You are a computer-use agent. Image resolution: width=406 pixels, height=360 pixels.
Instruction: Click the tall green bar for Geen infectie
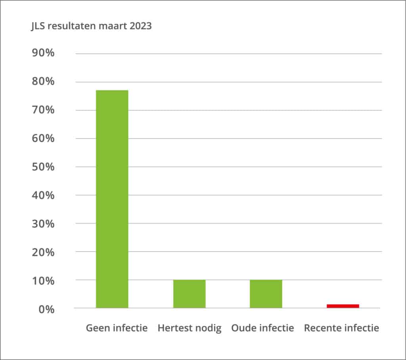pos(112,199)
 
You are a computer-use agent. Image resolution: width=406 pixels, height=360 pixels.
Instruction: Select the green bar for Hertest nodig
pos(189,294)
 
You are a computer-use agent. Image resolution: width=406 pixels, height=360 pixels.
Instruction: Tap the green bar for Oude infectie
pos(266,294)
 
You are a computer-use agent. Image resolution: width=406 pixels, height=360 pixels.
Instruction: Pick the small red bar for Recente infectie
pos(343,306)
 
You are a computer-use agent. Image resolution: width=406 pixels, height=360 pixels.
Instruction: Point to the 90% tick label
pos(43,53)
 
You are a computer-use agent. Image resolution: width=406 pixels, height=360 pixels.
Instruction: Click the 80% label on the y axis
pos(43,81)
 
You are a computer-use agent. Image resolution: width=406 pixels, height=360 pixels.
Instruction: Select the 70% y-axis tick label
pos(43,110)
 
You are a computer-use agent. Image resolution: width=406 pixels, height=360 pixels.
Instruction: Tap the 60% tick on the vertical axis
pos(43,138)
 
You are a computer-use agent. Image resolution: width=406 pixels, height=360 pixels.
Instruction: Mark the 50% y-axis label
pos(43,167)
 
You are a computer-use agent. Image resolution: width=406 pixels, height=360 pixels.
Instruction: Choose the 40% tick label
pos(43,195)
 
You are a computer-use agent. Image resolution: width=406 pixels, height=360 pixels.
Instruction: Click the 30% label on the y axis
pos(43,224)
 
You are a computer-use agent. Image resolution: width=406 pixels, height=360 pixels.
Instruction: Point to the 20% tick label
pos(43,252)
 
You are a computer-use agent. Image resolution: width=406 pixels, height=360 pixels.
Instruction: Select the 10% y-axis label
pos(43,281)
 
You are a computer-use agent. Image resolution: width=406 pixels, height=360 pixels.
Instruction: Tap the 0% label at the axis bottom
pos(46,309)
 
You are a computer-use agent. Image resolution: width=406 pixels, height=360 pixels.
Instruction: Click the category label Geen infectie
pos(117,328)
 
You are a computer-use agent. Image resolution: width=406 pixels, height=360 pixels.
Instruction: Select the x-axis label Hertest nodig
pos(190,328)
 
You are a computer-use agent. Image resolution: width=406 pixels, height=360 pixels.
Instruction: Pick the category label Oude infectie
pos(262,328)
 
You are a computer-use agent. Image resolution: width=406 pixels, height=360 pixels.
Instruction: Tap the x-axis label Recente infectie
pos(341,328)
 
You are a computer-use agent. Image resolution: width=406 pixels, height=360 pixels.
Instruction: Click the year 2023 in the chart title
pos(141,26)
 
